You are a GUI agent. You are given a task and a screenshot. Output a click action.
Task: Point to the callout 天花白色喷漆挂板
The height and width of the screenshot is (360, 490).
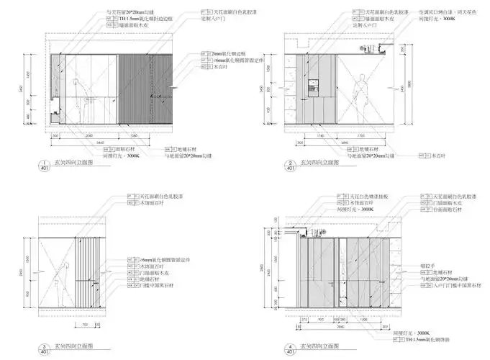pos(372,196)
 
